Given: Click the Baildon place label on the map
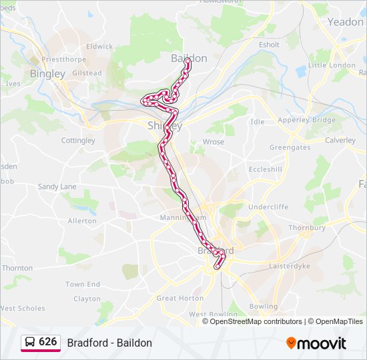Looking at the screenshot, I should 189,58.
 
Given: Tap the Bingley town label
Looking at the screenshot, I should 47,73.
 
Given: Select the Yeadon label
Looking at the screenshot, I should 346,21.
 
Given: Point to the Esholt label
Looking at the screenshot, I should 269,45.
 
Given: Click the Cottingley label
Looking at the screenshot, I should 78,141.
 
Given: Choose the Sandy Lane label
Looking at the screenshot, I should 57,187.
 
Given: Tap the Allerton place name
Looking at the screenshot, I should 82,221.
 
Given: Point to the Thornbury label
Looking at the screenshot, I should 307,227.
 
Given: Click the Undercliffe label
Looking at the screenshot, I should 268,207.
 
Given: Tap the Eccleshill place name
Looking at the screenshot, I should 266,169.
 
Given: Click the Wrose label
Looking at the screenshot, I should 213,142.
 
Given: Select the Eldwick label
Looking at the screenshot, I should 99,47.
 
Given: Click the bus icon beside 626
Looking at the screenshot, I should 30,342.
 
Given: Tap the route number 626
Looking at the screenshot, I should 48,342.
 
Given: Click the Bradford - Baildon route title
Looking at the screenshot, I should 109,343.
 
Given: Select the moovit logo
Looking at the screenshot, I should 316,343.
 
